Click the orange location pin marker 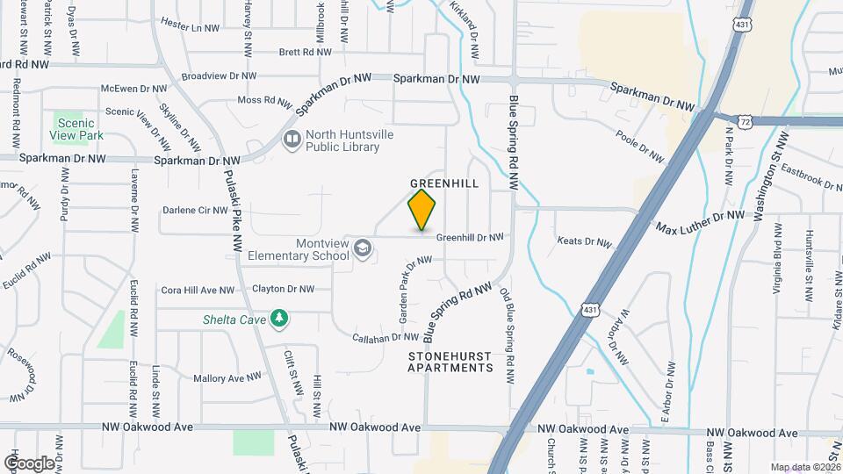[x=422, y=209]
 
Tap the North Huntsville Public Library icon [x=291, y=139]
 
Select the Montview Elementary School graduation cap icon [x=361, y=250]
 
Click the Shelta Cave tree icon [x=279, y=318]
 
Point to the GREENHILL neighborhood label [x=444, y=183]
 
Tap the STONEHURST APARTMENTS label [x=450, y=362]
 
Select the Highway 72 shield [x=745, y=118]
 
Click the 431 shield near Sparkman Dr [x=745, y=26]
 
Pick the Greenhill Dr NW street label [x=470, y=237]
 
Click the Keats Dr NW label [x=583, y=240]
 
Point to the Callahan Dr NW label [x=385, y=336]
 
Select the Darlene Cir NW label [x=195, y=211]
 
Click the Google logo [x=30, y=463]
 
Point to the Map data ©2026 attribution [x=804, y=467]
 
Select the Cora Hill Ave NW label [x=198, y=290]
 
